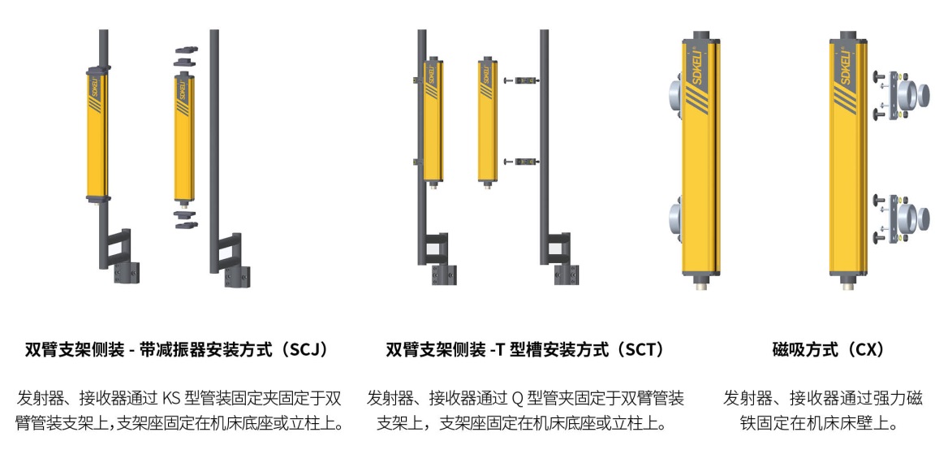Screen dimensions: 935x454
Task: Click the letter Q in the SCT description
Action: (517, 397)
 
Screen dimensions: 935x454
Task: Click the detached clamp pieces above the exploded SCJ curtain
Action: (185, 57)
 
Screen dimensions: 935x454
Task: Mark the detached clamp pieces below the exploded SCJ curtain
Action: (185, 219)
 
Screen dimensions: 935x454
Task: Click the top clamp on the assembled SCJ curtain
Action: (98, 71)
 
